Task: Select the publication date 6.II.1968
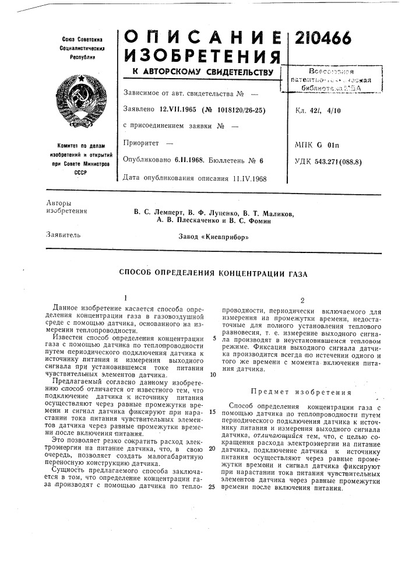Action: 187,159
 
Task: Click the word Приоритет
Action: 142,142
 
